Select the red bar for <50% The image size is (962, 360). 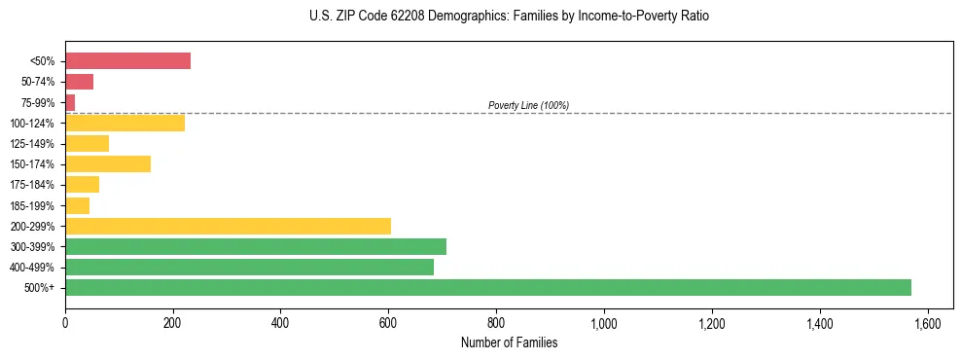click(127, 61)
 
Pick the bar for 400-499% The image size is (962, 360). click(249, 267)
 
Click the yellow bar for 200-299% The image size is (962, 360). click(228, 226)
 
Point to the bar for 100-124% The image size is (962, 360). click(125, 123)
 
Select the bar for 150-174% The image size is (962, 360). click(108, 163)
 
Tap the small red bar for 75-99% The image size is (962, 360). click(70, 102)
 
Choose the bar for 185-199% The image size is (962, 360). click(77, 205)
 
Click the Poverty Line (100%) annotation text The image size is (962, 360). click(528, 105)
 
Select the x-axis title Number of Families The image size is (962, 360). click(509, 342)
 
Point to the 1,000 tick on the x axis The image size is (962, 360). click(604, 323)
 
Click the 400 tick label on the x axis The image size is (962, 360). click(280, 323)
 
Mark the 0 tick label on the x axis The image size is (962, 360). click(65, 323)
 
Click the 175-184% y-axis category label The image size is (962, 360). click(34, 185)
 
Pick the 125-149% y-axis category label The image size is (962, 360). click(34, 144)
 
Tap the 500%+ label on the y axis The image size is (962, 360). click(40, 288)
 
